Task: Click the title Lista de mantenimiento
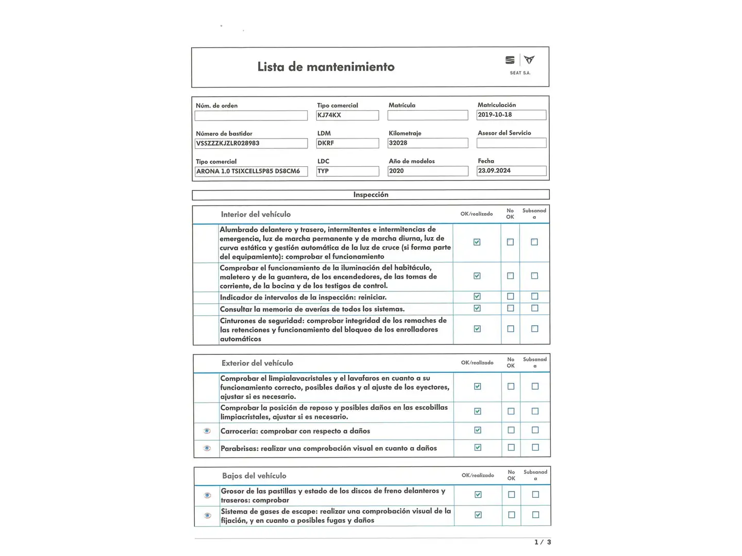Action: click(x=326, y=67)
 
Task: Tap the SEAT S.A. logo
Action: click(x=519, y=64)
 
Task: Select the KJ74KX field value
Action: click(x=347, y=115)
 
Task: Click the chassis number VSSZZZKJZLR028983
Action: click(x=251, y=143)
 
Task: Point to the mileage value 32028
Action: click(x=427, y=143)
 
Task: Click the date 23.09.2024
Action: click(x=511, y=171)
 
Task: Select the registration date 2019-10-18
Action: click(x=511, y=115)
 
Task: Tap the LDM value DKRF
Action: click(x=347, y=143)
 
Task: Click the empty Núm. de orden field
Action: click(x=251, y=116)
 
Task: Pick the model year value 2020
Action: click(x=427, y=171)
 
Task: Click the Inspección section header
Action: click(x=370, y=195)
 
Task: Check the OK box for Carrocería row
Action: click(x=478, y=430)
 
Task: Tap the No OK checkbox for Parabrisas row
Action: click(x=511, y=448)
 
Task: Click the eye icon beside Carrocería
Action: click(x=207, y=431)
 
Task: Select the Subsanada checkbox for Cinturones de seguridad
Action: click(x=535, y=328)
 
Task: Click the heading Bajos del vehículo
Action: click(x=254, y=476)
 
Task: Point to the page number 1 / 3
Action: click(x=543, y=542)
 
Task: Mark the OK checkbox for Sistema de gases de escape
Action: click(x=478, y=515)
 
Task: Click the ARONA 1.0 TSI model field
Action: click(x=251, y=171)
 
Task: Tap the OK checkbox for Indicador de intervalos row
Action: click(x=477, y=297)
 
